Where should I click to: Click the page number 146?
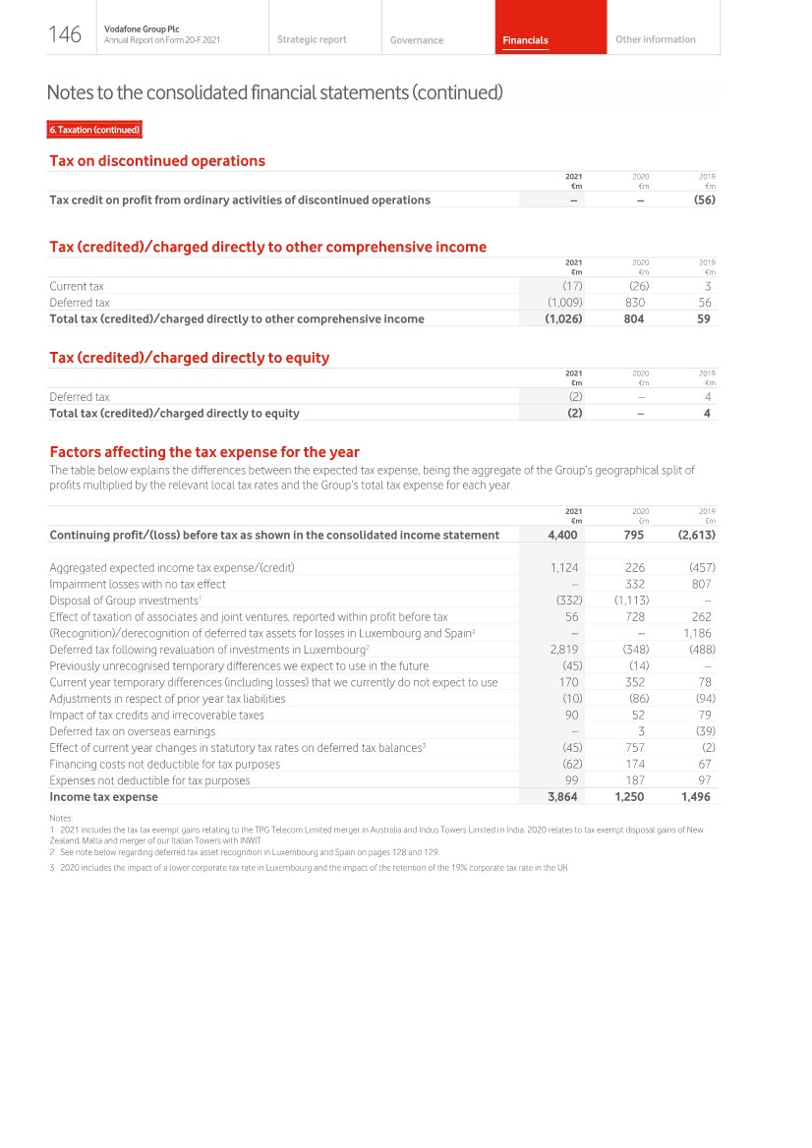[x=64, y=35]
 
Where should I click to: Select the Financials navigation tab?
[x=525, y=40]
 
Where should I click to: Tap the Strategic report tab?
[x=312, y=39]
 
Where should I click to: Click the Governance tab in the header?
[x=416, y=40]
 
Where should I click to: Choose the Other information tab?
[x=655, y=39]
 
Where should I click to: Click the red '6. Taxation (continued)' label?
[x=95, y=130]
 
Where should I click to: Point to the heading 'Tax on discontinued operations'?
[x=157, y=160]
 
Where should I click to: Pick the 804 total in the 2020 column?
[x=634, y=318]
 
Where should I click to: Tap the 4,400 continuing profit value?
[x=562, y=535]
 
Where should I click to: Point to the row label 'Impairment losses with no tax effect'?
[x=138, y=583]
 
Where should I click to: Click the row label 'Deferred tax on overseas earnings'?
[x=132, y=731]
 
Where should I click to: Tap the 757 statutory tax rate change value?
[x=634, y=748]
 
